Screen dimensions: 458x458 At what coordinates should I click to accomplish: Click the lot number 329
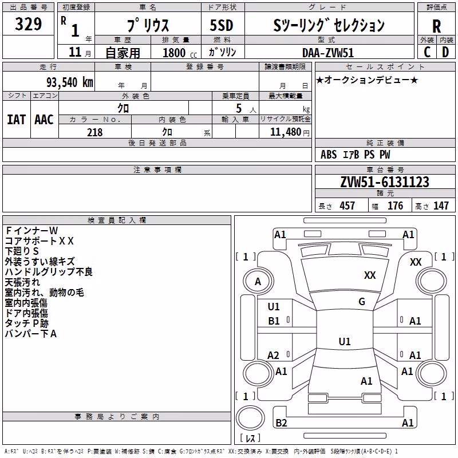click(28, 23)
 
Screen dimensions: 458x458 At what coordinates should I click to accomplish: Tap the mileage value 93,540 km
click(69, 82)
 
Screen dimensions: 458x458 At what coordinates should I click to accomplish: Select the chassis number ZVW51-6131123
click(385, 182)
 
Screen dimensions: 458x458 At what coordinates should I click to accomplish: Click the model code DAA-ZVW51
click(328, 53)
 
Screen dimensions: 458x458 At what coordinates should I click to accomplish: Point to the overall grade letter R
click(436, 26)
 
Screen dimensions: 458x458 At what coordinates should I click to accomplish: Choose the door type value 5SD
click(222, 25)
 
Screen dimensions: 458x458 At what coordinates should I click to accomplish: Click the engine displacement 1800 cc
click(180, 53)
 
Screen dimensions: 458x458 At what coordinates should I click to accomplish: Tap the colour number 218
click(94, 132)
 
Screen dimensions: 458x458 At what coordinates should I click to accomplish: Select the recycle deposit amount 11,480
click(285, 132)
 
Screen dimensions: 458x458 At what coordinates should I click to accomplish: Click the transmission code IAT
click(17, 120)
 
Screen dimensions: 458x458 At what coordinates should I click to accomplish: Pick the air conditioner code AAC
click(44, 120)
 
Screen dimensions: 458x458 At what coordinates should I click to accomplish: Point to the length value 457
click(348, 206)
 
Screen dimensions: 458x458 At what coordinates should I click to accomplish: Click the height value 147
click(441, 206)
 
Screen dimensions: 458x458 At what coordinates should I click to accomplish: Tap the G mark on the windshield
click(362, 302)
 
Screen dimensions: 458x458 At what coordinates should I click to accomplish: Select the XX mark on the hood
click(370, 275)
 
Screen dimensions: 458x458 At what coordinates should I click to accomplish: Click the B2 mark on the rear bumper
click(281, 423)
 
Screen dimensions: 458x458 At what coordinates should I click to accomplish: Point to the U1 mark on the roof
click(345, 341)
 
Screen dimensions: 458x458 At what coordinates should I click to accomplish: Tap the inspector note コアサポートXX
click(39, 241)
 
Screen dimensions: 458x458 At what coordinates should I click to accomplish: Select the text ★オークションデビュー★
click(367, 80)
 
